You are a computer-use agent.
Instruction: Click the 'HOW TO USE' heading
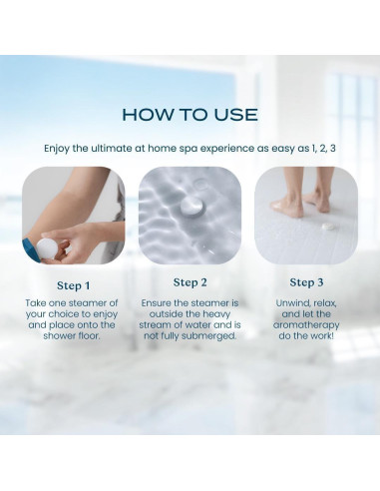190,115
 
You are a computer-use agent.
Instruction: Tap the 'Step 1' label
74,285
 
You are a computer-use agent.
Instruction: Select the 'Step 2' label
190,282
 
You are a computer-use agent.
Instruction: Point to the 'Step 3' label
306,282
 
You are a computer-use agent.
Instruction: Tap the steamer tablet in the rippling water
192,206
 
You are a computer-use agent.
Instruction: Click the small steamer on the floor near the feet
327,227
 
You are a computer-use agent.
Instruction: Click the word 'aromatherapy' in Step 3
306,325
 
